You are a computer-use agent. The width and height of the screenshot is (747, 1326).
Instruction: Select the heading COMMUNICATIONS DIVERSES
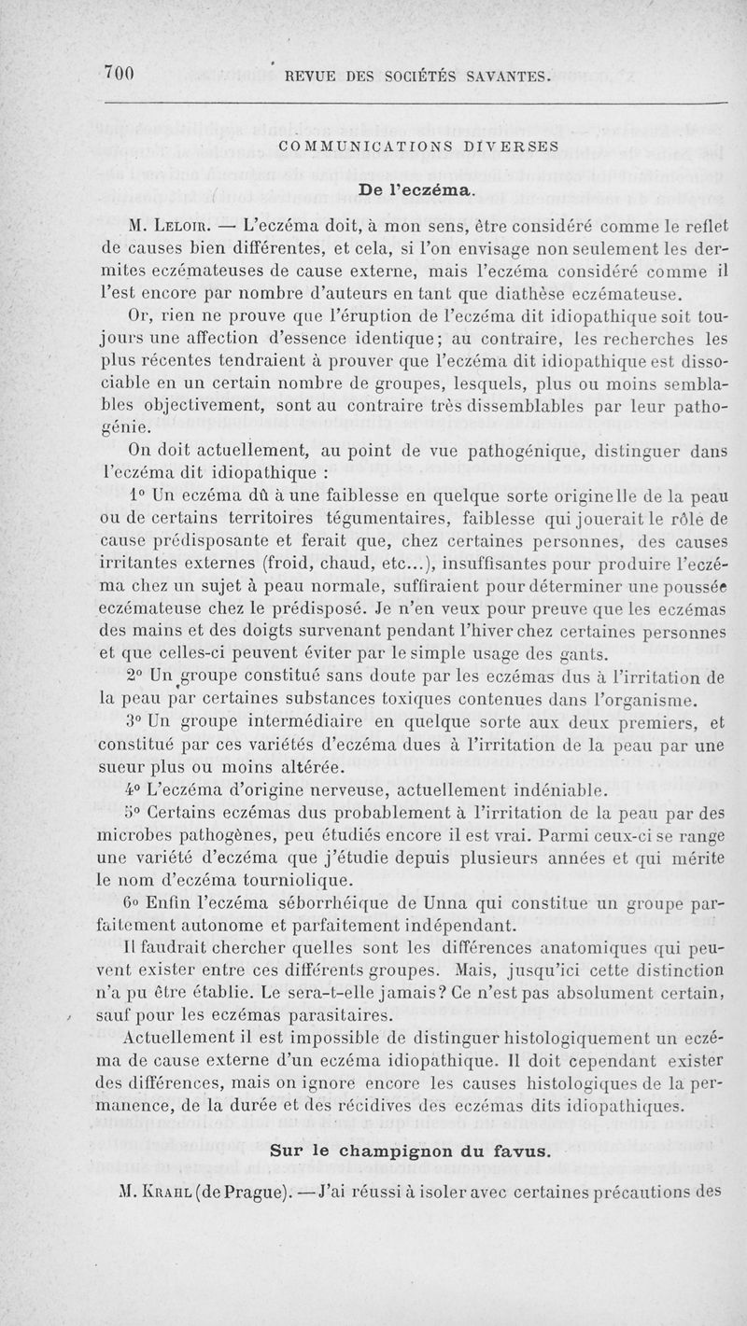click(x=418, y=146)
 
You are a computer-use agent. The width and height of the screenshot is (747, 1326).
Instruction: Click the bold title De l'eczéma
click(x=416, y=190)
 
